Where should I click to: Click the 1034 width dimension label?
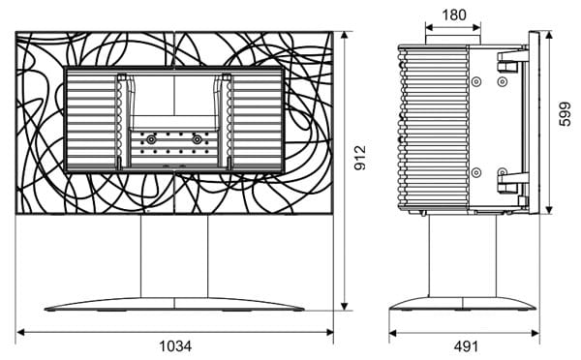pyautogui.click(x=175, y=346)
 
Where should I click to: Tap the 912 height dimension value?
pyautogui.click(x=360, y=158)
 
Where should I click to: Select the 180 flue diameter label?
pyautogui.click(x=454, y=15)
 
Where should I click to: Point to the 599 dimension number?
pyautogui.click(x=566, y=114)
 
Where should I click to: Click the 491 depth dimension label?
pyautogui.click(x=466, y=346)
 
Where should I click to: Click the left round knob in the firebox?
pyautogui.click(x=151, y=139)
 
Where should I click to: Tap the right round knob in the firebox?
pyautogui.click(x=197, y=139)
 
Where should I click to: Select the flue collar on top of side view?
pyautogui.click(x=453, y=40)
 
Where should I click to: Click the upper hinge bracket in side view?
pyautogui.click(x=513, y=61)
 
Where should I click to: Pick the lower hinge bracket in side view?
pyautogui.click(x=513, y=183)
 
